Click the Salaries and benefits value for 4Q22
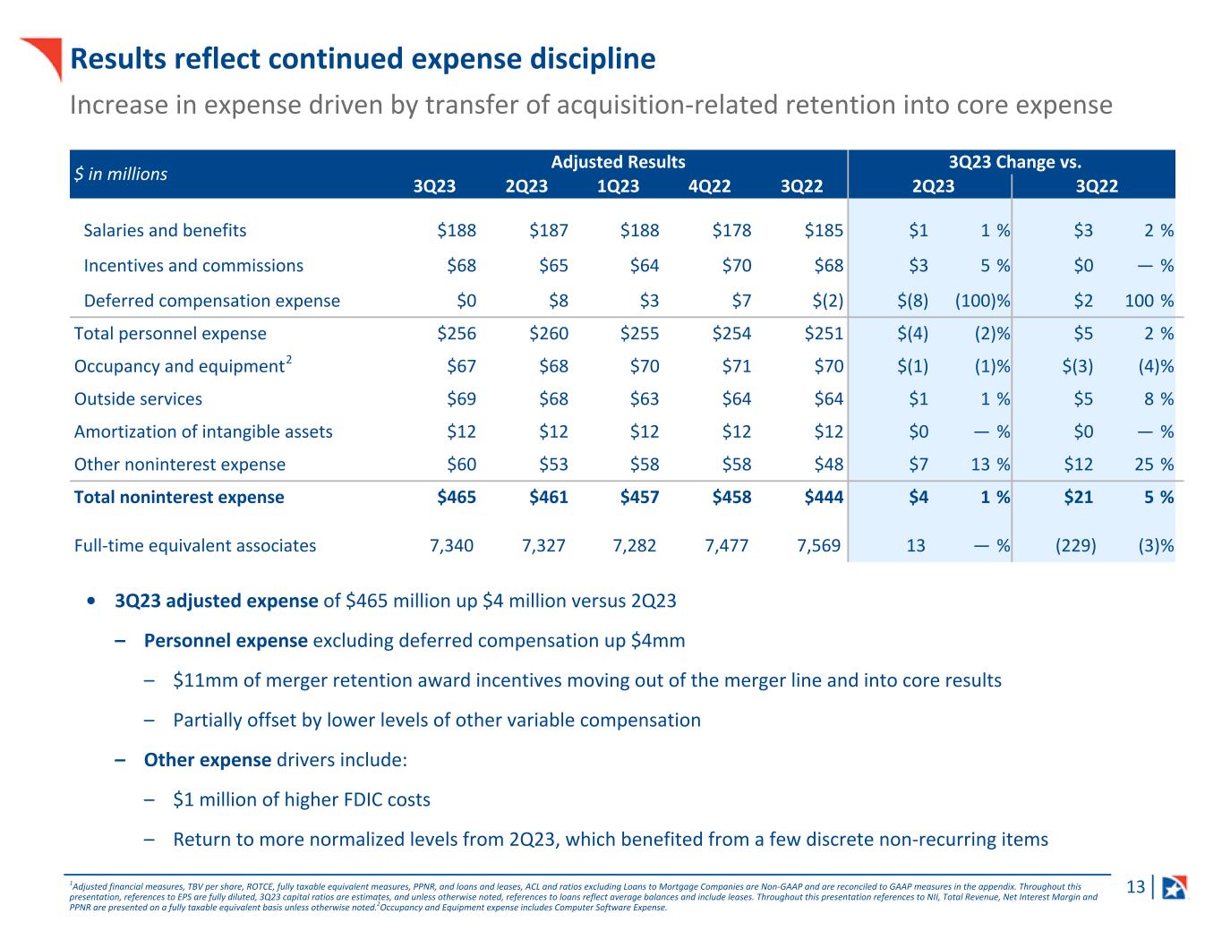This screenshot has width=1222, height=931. (x=731, y=231)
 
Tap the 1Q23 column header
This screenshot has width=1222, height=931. (x=619, y=186)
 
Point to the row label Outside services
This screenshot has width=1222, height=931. (x=138, y=399)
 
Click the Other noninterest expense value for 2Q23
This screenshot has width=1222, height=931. (x=549, y=465)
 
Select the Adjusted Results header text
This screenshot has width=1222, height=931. (x=618, y=162)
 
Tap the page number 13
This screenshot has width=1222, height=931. (x=1135, y=887)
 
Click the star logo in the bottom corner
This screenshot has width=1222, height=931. (x=1174, y=887)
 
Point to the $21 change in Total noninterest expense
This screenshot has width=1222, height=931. (x=1078, y=498)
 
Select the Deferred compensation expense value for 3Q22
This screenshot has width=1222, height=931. (x=824, y=301)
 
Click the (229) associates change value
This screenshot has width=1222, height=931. (x=1075, y=546)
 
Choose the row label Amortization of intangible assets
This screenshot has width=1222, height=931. (x=203, y=432)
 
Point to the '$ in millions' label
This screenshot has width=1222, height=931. (x=120, y=175)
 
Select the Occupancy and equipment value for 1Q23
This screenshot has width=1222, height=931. (x=640, y=367)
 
